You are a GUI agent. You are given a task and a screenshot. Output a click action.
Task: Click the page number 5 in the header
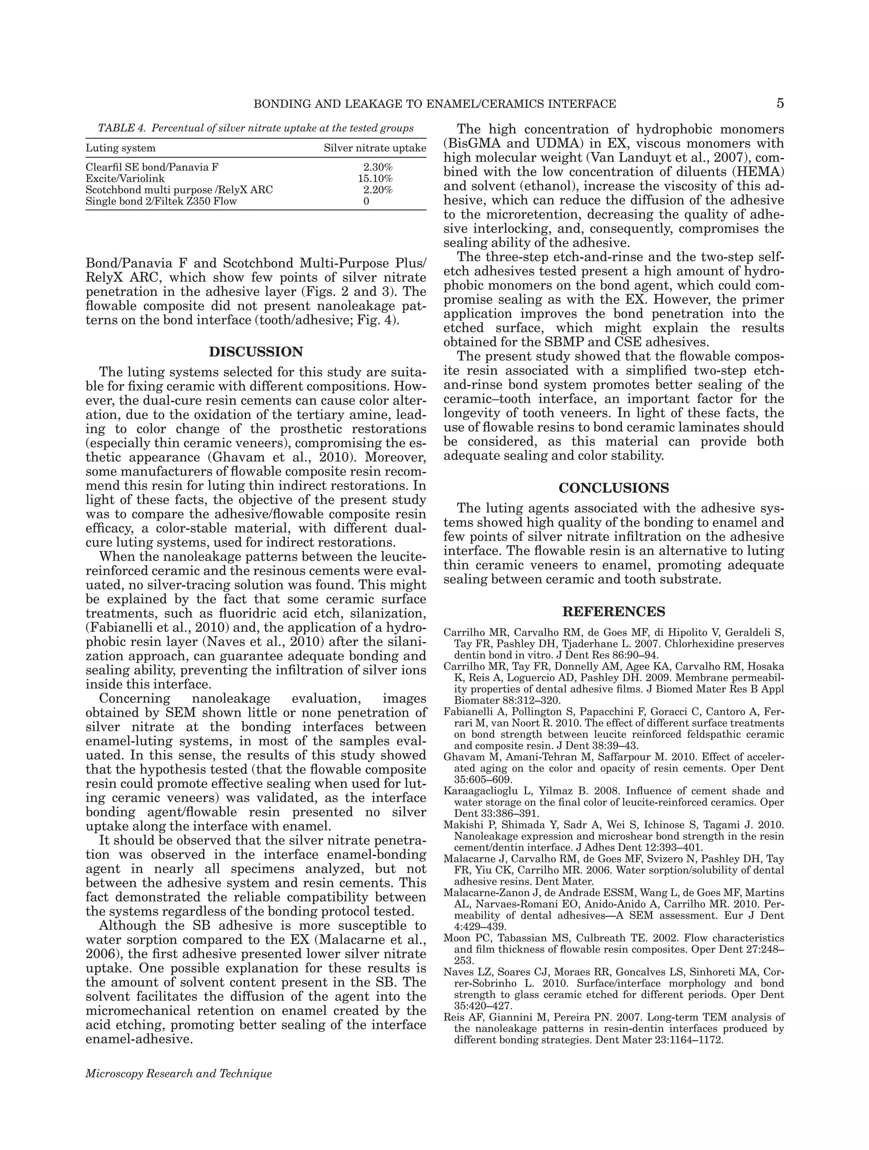[779, 104]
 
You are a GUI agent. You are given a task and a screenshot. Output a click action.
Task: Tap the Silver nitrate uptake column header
[374, 148]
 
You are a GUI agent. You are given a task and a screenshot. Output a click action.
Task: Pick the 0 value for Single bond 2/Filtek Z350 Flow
[367, 201]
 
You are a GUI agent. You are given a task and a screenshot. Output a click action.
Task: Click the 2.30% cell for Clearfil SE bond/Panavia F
[377, 167]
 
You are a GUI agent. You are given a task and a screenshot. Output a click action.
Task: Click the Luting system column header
[120, 148]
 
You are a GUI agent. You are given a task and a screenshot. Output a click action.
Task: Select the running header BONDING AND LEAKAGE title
[434, 104]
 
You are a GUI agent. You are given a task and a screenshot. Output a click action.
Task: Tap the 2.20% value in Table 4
[377, 190]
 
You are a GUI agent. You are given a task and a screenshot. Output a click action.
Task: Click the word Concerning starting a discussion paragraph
[135, 698]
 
